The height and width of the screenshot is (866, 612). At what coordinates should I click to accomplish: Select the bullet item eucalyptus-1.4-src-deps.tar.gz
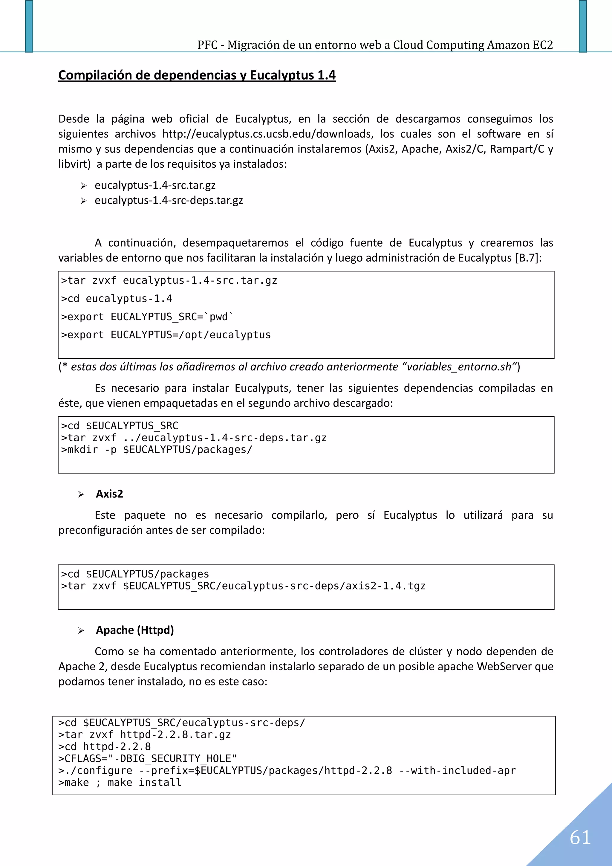(x=169, y=200)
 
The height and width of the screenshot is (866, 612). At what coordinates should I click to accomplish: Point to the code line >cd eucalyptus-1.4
(x=117, y=299)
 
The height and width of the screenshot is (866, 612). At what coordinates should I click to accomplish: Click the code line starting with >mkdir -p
(x=157, y=450)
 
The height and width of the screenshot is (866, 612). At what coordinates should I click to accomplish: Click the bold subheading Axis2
(x=109, y=494)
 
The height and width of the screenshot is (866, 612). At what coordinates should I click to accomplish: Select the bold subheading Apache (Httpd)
(x=134, y=630)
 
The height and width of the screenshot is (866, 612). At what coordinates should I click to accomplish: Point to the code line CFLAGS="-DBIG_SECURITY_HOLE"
(x=147, y=758)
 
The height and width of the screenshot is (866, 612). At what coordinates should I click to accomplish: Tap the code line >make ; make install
(x=120, y=783)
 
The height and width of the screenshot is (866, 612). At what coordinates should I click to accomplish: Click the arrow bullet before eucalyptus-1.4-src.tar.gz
(x=84, y=186)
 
